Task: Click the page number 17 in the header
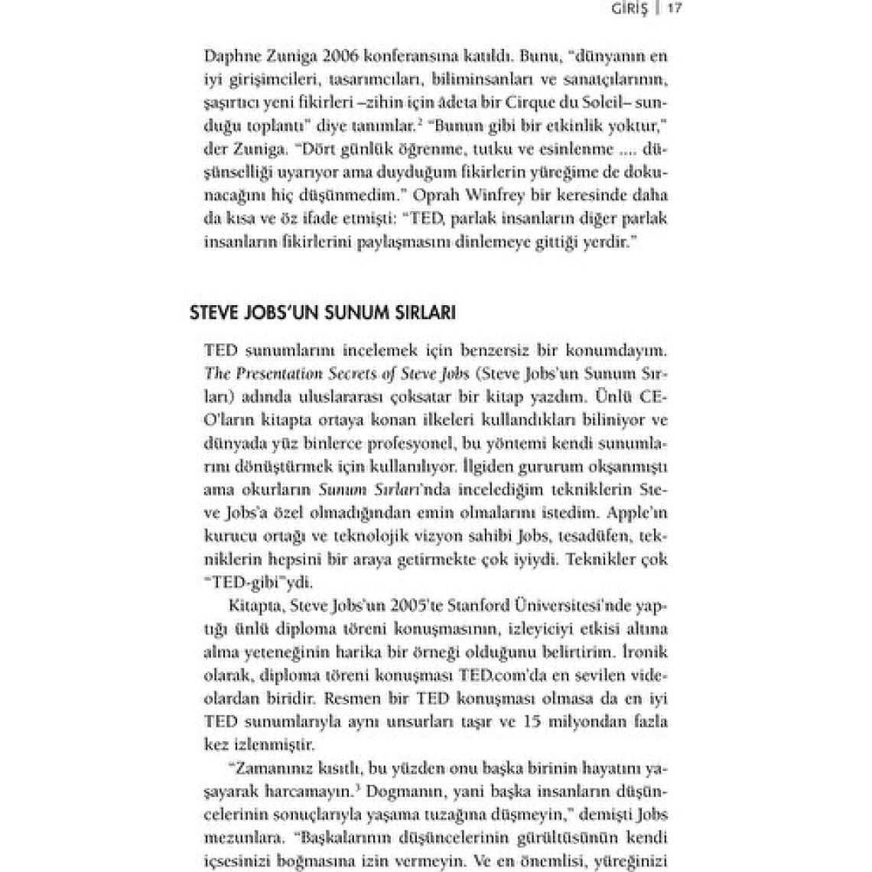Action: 674,9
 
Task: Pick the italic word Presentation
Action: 277,375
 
